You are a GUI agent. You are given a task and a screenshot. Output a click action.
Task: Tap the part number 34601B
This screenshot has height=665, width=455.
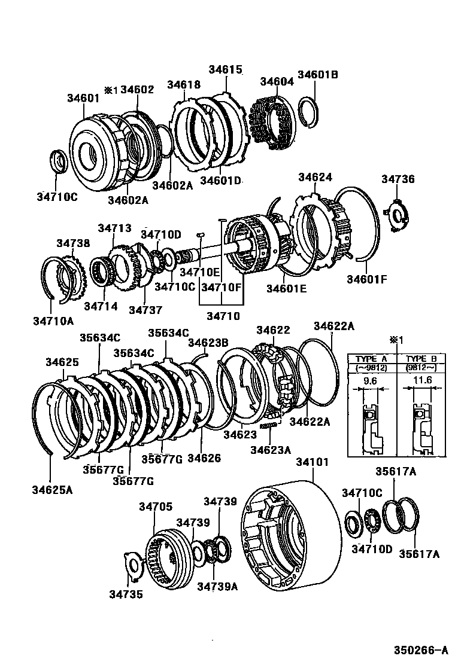coord(318,75)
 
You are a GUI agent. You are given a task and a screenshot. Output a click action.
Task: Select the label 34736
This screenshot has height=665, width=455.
coord(398,179)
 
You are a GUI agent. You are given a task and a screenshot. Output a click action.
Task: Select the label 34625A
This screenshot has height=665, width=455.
coord(53,490)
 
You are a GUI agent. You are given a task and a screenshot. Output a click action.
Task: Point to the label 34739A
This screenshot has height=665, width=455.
coord(217,586)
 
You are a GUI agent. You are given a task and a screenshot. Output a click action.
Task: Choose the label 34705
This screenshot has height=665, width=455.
coord(156,507)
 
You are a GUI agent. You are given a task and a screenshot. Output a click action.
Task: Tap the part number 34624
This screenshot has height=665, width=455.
coord(315,178)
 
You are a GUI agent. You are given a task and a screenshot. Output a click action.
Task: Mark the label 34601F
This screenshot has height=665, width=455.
coord(367,279)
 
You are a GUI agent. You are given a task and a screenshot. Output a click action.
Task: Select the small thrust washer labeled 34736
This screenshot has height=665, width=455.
coord(397,215)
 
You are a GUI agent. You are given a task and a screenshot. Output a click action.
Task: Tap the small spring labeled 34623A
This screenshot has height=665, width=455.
coord(271,425)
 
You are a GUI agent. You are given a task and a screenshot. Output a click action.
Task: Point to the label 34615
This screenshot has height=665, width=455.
coord(226,69)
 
